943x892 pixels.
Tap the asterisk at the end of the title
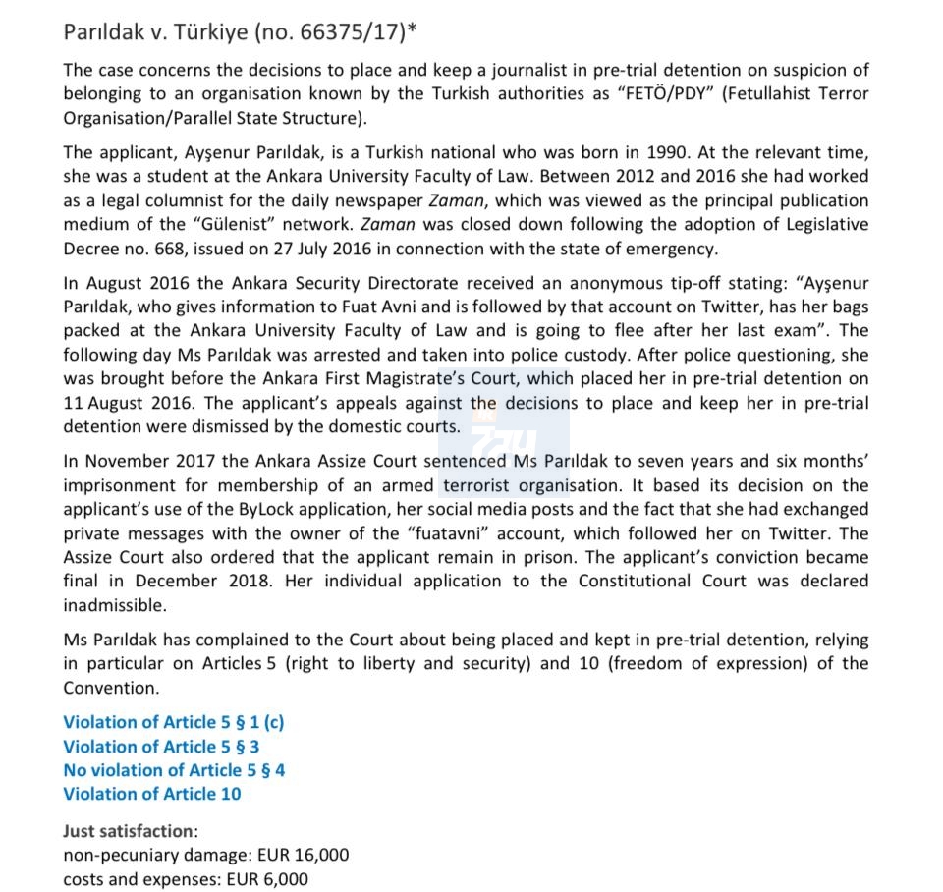(412, 29)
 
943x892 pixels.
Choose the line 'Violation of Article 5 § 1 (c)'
(174, 723)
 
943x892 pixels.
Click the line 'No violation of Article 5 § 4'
(174, 770)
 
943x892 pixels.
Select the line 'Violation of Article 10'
(152, 794)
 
